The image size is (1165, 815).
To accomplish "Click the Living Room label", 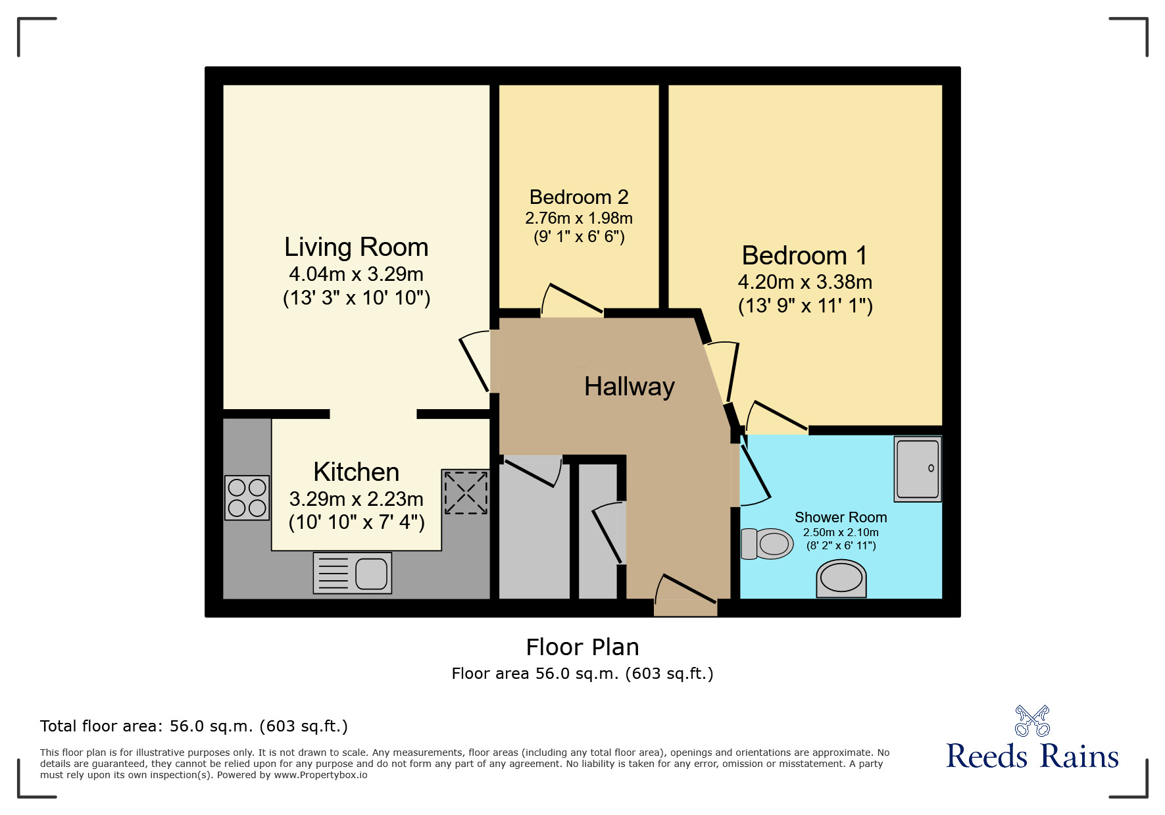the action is pyautogui.click(x=356, y=247).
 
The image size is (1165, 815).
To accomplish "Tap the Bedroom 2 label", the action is pyautogui.click(x=579, y=197).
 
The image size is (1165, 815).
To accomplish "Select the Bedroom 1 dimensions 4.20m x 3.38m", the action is pyautogui.click(x=805, y=282).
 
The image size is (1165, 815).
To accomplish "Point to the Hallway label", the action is pyautogui.click(x=630, y=387).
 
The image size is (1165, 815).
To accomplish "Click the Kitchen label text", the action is pyautogui.click(x=357, y=472).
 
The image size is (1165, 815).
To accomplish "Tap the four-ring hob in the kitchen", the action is pyautogui.click(x=247, y=498).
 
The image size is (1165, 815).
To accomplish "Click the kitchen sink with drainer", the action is pyautogui.click(x=353, y=573).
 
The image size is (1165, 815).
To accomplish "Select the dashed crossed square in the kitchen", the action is pyautogui.click(x=466, y=492).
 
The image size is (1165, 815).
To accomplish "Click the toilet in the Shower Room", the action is pyautogui.click(x=767, y=544).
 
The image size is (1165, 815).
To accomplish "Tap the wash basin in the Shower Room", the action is pyautogui.click(x=841, y=579).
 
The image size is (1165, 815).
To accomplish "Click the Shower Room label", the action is pyautogui.click(x=841, y=518).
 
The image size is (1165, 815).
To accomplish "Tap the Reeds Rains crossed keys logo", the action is pyautogui.click(x=1033, y=721).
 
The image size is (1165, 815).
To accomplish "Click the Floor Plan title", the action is pyautogui.click(x=583, y=647).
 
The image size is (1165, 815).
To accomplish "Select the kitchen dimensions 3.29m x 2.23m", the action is pyautogui.click(x=357, y=499).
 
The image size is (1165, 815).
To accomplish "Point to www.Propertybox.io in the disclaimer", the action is pyautogui.click(x=321, y=775).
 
